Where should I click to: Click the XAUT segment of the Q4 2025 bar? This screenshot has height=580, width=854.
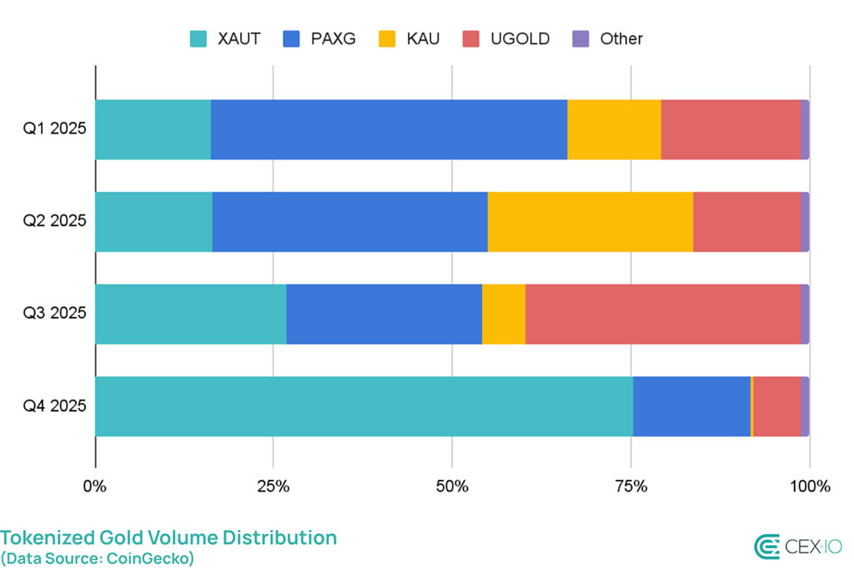[x=364, y=406]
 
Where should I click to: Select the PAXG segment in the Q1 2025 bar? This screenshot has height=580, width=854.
[x=389, y=129]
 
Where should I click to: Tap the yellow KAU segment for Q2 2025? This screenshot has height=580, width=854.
[x=590, y=222]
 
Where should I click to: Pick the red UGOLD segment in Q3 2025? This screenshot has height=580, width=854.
[x=662, y=314]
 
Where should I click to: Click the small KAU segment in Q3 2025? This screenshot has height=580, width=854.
[x=504, y=314]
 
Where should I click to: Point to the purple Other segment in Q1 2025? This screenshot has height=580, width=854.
[x=805, y=129]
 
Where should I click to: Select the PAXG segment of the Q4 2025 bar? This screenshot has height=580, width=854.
[x=691, y=406]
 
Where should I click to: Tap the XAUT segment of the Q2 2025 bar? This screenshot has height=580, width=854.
[x=153, y=222]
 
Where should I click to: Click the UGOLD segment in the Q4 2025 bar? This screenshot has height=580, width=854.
[x=776, y=406]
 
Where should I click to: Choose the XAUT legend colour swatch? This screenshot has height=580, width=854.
[x=198, y=38]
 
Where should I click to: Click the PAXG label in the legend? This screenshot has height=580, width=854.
[x=331, y=38]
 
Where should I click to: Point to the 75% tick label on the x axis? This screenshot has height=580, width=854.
[x=631, y=487]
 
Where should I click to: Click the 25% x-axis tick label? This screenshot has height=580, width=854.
[x=273, y=487]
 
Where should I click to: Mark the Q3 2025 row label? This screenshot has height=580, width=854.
[x=54, y=314]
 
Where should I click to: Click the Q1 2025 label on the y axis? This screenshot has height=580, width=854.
[x=54, y=129]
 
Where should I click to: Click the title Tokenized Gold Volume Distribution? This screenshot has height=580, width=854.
[x=168, y=537]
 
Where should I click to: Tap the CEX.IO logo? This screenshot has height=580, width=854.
[x=798, y=547]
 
